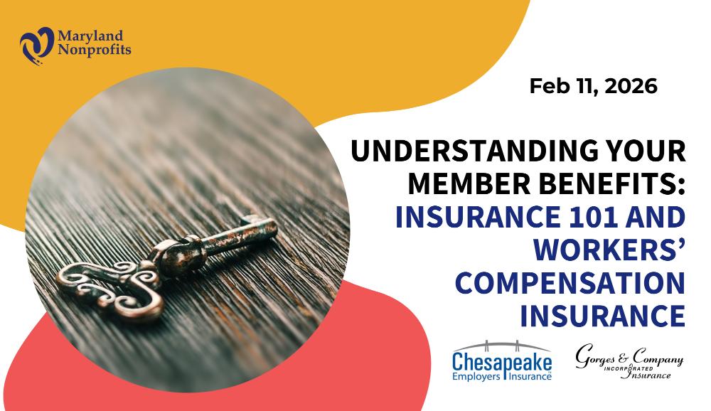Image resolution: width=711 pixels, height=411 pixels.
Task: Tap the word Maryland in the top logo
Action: click(x=90, y=36)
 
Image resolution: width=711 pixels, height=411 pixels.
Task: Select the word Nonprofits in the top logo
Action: click(x=95, y=50)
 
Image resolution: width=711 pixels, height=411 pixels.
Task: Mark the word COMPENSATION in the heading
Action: click(x=570, y=282)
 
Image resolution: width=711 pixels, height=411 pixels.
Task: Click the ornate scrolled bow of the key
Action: click(x=111, y=287)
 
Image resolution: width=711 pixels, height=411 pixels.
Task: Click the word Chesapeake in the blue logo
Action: click(x=502, y=362)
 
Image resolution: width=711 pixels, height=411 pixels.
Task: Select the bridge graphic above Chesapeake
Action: click(x=501, y=346)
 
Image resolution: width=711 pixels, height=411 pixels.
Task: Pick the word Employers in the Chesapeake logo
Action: click(x=476, y=377)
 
